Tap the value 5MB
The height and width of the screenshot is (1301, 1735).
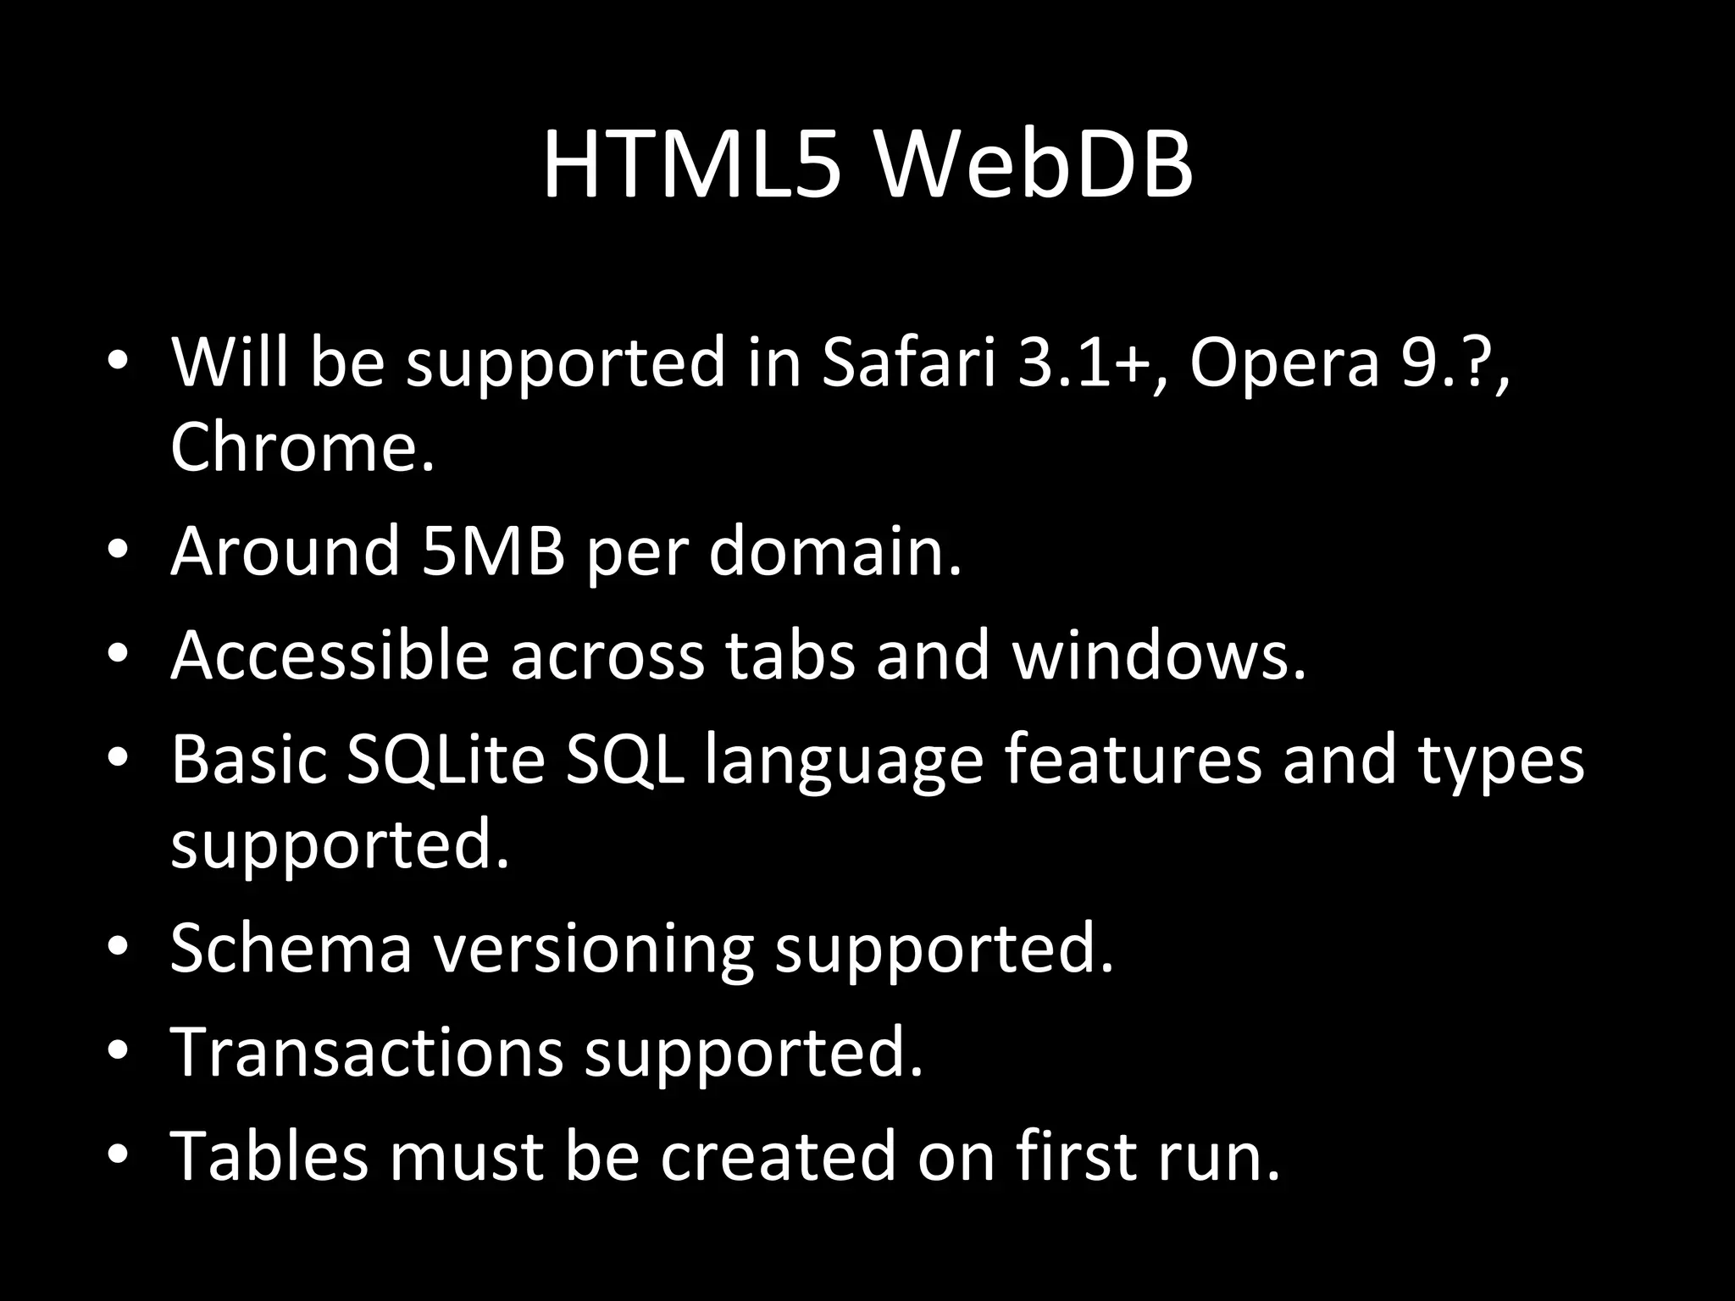coord(492,551)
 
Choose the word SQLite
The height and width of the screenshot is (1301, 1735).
coord(446,759)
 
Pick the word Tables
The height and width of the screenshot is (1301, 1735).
coord(269,1156)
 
